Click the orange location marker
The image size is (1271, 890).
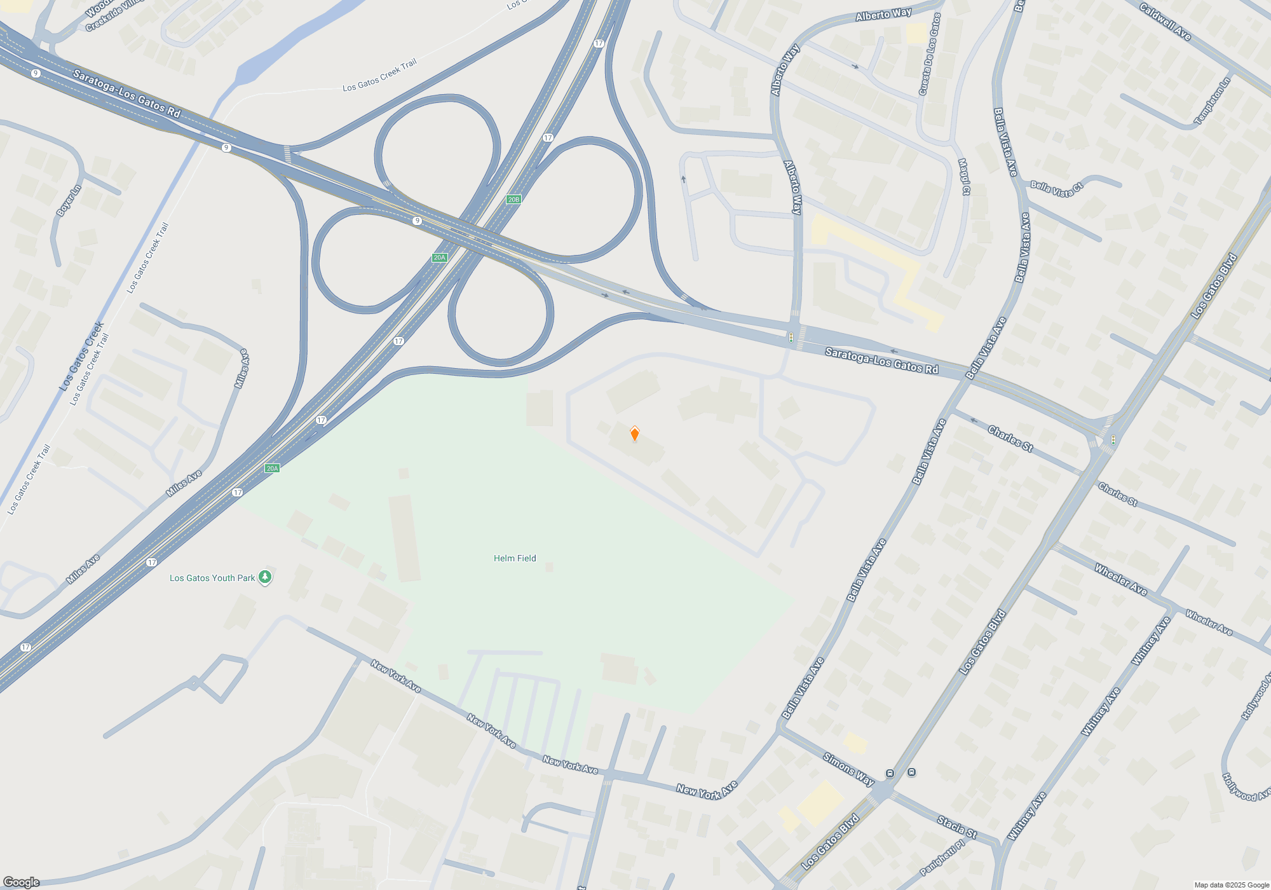click(x=634, y=434)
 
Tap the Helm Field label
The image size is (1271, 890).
click(x=515, y=558)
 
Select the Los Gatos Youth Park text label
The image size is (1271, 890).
click(x=212, y=578)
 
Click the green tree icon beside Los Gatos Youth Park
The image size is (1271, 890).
click(x=266, y=577)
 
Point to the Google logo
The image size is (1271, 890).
click(x=21, y=882)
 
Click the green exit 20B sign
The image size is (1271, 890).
click(x=513, y=199)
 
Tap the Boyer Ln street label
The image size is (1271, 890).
click(x=69, y=200)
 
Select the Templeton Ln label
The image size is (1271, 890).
click(x=1212, y=101)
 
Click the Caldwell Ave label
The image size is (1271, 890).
click(x=1165, y=22)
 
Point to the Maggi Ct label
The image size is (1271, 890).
click(x=964, y=177)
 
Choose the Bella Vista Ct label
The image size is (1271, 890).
click(x=1056, y=189)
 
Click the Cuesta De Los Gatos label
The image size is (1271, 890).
click(x=929, y=55)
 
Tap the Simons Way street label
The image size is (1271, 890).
click(x=848, y=769)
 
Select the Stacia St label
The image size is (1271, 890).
click(x=956, y=827)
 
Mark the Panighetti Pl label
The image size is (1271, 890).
click(x=942, y=858)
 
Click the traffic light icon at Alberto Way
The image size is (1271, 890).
click(x=791, y=337)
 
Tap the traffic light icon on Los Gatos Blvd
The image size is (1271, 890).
click(x=1113, y=439)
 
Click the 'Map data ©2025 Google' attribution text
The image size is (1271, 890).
click(x=1231, y=885)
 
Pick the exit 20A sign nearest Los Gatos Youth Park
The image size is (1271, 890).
click(x=272, y=469)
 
